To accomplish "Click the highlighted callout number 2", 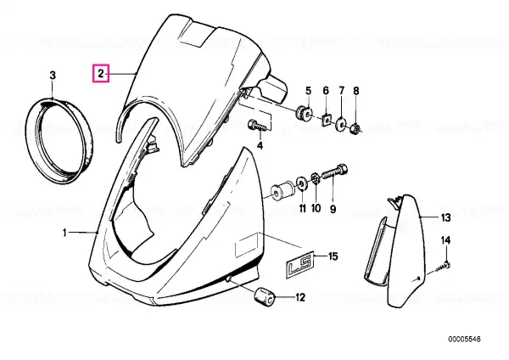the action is [101, 74].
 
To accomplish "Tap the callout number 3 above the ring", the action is [53, 76].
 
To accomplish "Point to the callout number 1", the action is [64, 233].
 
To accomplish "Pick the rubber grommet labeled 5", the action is [304, 112].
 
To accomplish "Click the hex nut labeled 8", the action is [355, 130].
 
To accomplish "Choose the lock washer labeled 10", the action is [315, 179].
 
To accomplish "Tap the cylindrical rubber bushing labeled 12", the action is [265, 297].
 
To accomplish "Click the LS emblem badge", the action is [299, 262].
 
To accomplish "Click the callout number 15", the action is [333, 256].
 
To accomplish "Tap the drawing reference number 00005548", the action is [465, 340].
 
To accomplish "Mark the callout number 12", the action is [300, 297].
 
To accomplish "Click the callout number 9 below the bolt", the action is [333, 209].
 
